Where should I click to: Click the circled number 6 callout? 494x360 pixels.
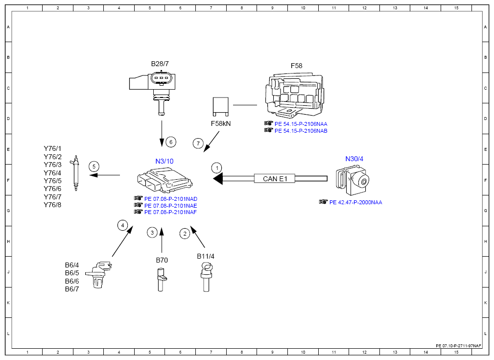pyautogui.click(x=171, y=142)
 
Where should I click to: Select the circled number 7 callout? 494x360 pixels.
pyautogui.click(x=198, y=144)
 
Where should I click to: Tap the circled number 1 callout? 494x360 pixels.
pyautogui.click(x=217, y=168)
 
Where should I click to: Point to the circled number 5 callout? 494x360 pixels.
pyautogui.click(x=94, y=167)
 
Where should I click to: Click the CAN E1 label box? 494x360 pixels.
pyautogui.click(x=275, y=179)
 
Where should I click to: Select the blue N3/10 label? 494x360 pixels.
pyautogui.click(x=165, y=161)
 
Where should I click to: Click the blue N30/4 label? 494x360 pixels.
pyautogui.click(x=354, y=159)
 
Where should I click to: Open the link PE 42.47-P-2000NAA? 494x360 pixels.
pyautogui.click(x=356, y=202)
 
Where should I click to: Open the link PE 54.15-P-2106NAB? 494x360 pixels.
pyautogui.click(x=301, y=131)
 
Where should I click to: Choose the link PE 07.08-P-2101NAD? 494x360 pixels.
pyautogui.click(x=171, y=199)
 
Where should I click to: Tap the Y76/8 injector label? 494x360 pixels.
pyautogui.click(x=52, y=205)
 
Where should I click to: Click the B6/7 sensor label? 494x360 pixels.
pyautogui.click(x=72, y=289)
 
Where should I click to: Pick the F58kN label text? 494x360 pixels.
pyautogui.click(x=220, y=123)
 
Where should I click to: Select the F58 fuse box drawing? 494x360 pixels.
pyautogui.click(x=294, y=95)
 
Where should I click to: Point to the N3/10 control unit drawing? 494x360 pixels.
pyautogui.click(x=165, y=180)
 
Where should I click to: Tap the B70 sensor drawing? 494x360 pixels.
pyautogui.click(x=161, y=280)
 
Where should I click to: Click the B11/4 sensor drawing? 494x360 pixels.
pyautogui.click(x=206, y=277)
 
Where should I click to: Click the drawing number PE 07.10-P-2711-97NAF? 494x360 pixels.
pyautogui.click(x=458, y=346)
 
